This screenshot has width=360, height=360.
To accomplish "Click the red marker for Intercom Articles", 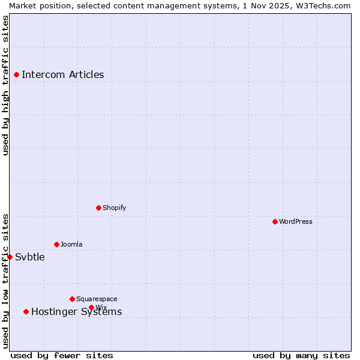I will [17, 75].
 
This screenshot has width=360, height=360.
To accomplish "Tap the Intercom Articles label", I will [63, 75].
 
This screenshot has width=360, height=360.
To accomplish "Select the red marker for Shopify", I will [99, 208].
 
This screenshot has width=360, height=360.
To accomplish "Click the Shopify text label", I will [115, 208].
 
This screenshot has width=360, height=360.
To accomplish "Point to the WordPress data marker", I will [275, 221].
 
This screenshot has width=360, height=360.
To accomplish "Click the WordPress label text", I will [296, 221].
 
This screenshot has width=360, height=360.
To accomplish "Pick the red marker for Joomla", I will [57, 244].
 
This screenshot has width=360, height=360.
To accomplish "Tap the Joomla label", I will [71, 244].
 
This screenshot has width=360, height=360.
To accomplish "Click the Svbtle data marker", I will [10, 257].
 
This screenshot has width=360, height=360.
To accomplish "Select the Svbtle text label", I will [30, 257].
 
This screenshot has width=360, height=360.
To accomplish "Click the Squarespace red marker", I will [73, 299].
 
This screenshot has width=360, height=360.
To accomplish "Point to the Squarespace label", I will [97, 299].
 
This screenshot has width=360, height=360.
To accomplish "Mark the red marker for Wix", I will [92, 307].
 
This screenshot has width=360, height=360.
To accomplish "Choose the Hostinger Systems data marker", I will [26, 311].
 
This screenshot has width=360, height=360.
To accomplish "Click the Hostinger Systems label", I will [77, 312].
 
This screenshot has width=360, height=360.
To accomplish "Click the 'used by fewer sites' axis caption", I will [62, 355].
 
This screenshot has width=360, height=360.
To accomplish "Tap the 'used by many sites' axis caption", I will [301, 355].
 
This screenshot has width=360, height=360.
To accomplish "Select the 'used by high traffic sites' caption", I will [6, 85].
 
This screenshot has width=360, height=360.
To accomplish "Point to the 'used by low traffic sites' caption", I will [6, 281].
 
